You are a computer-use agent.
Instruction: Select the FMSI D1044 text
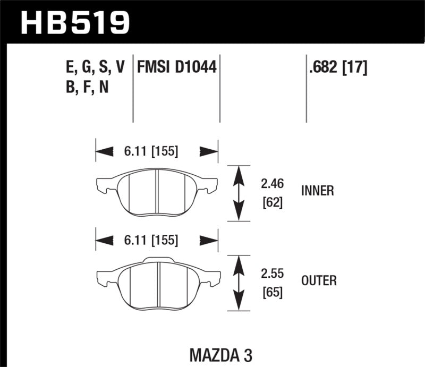177,67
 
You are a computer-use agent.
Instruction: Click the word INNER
317,191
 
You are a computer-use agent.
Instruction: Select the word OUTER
319,280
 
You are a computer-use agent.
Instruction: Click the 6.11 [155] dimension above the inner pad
152,151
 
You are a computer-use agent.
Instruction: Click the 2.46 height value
271,184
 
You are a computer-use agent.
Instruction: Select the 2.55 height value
271,275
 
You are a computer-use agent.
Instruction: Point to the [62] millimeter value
271,202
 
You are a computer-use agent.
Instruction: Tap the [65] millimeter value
271,293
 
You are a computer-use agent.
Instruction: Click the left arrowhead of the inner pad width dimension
104,152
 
